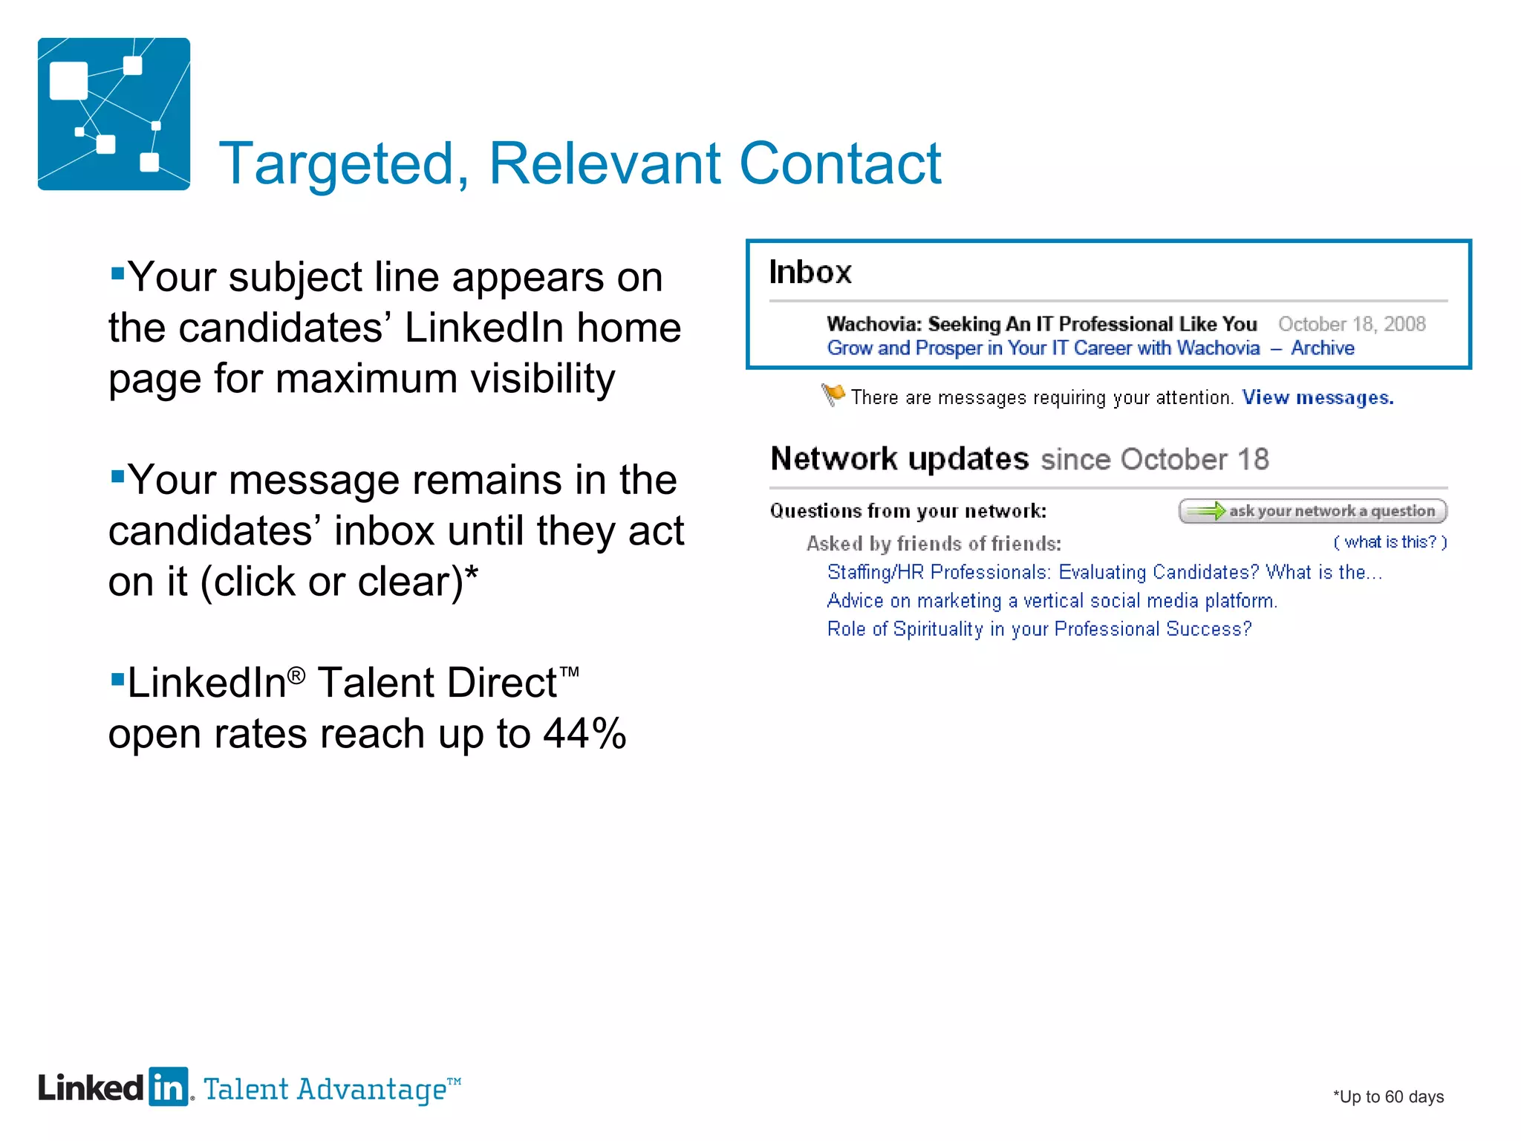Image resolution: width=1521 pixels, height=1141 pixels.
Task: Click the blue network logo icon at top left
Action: point(114,114)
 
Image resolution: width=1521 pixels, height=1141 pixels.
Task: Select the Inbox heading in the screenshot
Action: point(810,272)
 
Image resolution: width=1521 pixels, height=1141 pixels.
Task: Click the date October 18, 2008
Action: point(1351,324)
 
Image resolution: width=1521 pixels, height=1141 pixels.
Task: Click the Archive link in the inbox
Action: point(1322,348)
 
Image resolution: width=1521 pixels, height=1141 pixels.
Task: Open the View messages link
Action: point(1318,397)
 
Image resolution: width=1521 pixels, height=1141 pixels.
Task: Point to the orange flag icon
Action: point(833,394)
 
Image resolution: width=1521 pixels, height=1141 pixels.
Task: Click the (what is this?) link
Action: point(1390,542)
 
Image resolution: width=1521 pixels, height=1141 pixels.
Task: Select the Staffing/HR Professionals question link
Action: point(1104,572)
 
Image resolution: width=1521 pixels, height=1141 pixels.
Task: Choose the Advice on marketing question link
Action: point(1052,600)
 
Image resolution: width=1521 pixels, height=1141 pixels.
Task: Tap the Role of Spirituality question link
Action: point(1039,629)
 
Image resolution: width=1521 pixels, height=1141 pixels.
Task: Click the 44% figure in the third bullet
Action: point(585,734)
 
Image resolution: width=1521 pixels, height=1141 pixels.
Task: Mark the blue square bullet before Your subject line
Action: point(117,273)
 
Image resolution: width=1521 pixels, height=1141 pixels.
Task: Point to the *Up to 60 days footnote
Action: point(1387,1096)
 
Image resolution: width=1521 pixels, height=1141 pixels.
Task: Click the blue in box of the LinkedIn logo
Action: point(169,1088)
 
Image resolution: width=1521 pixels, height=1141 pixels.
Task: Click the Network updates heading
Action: point(899,459)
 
